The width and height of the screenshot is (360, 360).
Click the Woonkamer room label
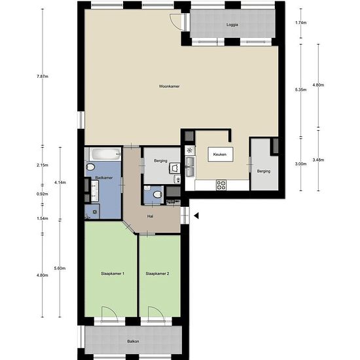click(x=170, y=86)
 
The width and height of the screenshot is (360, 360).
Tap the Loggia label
click(x=232, y=25)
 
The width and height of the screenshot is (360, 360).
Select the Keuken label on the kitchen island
click(x=220, y=154)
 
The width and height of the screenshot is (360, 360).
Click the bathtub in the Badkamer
click(x=105, y=154)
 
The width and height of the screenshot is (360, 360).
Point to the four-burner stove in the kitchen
click(x=221, y=185)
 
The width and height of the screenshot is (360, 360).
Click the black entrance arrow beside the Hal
click(x=196, y=215)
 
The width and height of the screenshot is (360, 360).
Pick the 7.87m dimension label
click(x=43, y=77)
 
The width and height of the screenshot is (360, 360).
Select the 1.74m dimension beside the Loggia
click(x=301, y=23)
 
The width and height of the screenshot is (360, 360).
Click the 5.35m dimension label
click(x=301, y=90)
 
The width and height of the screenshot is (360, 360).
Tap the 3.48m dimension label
click(x=318, y=160)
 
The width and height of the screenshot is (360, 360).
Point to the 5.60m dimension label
click(x=60, y=268)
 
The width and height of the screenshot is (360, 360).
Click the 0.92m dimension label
click(x=43, y=194)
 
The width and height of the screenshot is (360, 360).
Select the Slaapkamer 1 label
click(x=113, y=274)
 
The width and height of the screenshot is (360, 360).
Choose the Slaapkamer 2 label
click(x=158, y=274)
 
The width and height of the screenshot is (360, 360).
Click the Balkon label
click(x=133, y=342)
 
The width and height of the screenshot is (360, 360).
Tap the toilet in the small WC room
click(x=158, y=194)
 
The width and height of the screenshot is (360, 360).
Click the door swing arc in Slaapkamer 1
click(x=113, y=310)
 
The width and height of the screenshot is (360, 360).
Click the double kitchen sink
click(x=190, y=166)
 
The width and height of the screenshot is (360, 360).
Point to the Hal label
click(x=150, y=216)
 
